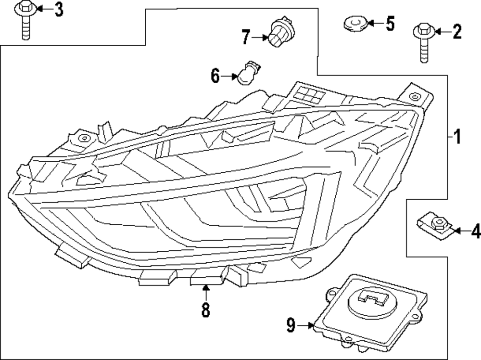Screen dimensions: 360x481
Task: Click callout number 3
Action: pyautogui.click(x=58, y=9)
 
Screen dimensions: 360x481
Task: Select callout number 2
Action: pyautogui.click(x=456, y=32)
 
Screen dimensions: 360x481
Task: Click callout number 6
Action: pyautogui.click(x=215, y=75)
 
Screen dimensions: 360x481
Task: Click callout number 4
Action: pyautogui.click(x=475, y=232)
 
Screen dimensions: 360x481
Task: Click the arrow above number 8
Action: pyautogui.click(x=206, y=292)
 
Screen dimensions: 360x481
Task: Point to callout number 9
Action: pyautogui.click(x=291, y=326)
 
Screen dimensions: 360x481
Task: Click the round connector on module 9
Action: pyautogui.click(x=374, y=302)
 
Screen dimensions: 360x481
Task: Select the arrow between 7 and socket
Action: pyautogui.click(x=260, y=37)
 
